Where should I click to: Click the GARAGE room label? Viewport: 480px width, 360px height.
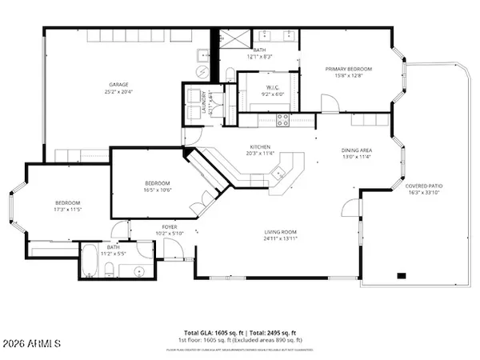(118, 85)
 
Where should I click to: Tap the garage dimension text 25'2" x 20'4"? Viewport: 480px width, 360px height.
(118, 92)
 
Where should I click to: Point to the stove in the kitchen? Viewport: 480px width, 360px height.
(282, 120)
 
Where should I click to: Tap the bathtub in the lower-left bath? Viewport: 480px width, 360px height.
(91, 262)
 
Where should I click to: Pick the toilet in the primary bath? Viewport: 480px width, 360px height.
(230, 74)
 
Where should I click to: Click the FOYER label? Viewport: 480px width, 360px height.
(169, 227)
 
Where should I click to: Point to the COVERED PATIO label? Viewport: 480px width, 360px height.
(426, 186)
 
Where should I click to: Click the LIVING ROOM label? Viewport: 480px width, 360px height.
(281, 233)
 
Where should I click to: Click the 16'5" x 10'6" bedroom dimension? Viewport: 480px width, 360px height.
(157, 190)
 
